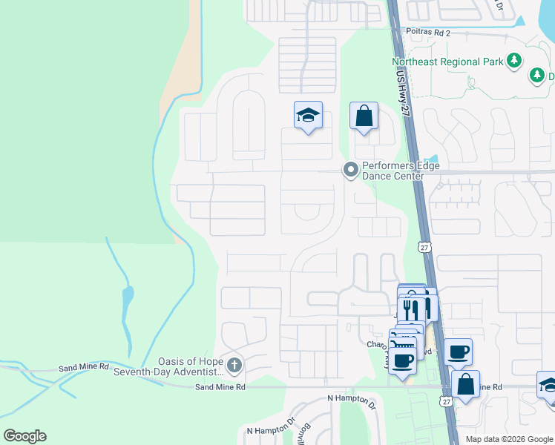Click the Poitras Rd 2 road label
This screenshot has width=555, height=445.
click(427, 33)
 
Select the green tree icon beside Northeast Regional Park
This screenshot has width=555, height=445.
click(513, 62)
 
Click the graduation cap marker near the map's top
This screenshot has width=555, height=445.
click(308, 116)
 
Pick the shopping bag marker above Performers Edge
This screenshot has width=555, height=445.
click(364, 116)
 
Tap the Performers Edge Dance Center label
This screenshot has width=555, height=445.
click(393, 171)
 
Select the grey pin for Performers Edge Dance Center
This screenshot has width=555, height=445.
click(350, 171)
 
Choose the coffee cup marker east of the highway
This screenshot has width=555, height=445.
click(458, 352)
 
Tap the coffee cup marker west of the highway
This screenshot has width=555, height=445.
click(403, 361)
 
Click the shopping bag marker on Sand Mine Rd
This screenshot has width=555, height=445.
click(465, 385)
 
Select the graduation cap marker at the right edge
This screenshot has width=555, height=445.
click(549, 386)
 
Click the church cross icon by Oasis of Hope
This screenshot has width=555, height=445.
click(234, 365)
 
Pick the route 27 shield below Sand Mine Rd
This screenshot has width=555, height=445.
click(445, 401)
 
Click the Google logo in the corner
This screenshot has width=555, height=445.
click(24, 436)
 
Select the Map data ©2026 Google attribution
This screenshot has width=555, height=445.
click(509, 439)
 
